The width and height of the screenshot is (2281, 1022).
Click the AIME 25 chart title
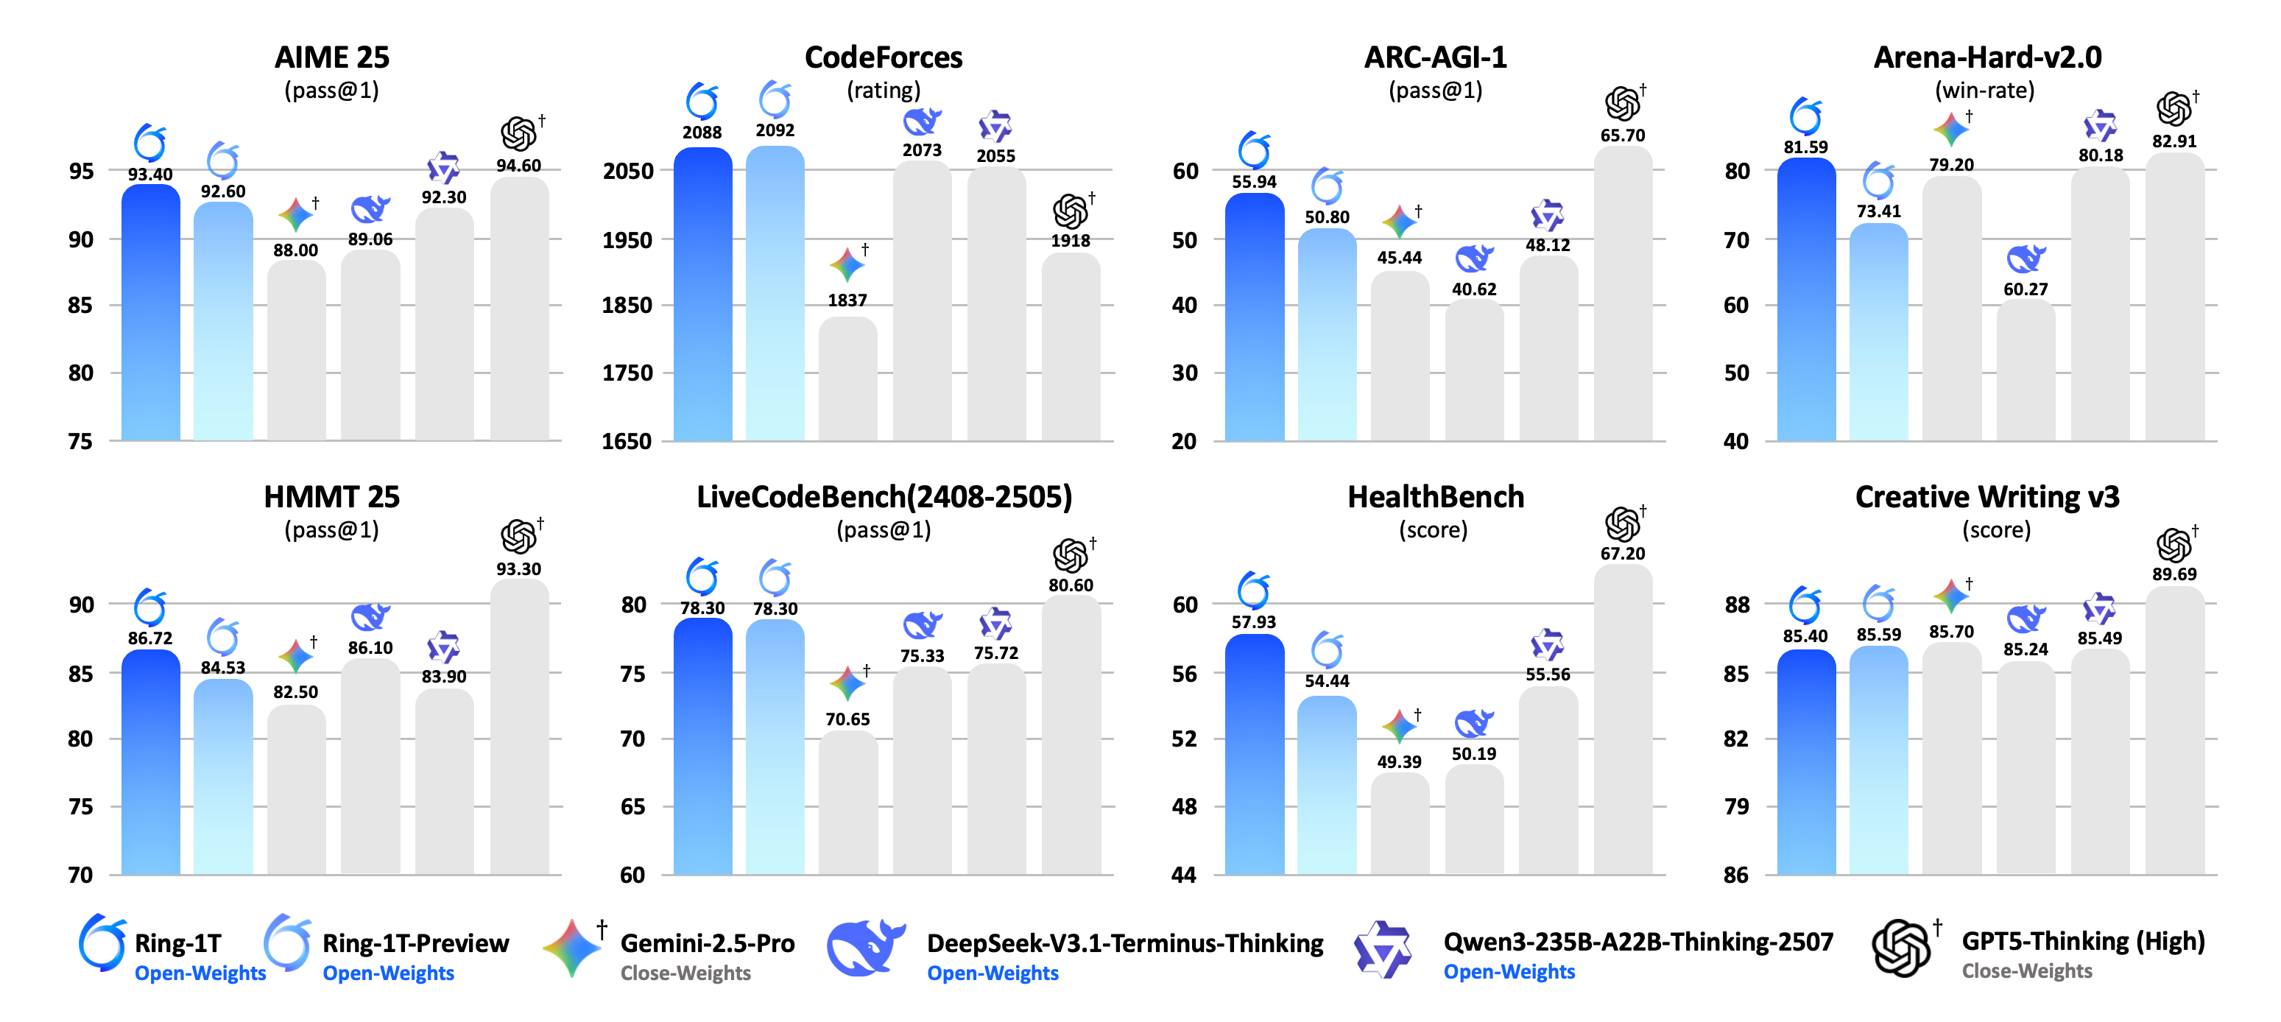click(x=331, y=57)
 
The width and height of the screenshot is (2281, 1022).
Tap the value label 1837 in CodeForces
click(x=847, y=300)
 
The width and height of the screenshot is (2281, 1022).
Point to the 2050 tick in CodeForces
click(x=628, y=171)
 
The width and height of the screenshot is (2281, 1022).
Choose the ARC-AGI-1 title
click(x=1434, y=57)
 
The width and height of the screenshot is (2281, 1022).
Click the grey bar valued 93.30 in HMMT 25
click(x=519, y=726)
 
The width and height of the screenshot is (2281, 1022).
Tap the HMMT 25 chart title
click(x=331, y=497)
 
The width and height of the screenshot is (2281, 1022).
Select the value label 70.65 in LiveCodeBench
click(x=847, y=719)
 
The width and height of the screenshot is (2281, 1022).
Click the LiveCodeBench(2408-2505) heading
click(x=884, y=497)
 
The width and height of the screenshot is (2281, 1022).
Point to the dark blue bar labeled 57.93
click(x=1254, y=753)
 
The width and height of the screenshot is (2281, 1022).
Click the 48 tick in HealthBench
click(x=1184, y=806)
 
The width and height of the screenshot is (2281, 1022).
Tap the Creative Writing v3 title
click(x=1987, y=497)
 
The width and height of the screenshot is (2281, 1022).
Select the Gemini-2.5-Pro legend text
click(x=707, y=943)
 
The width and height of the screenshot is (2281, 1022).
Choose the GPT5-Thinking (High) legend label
click(x=2083, y=942)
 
